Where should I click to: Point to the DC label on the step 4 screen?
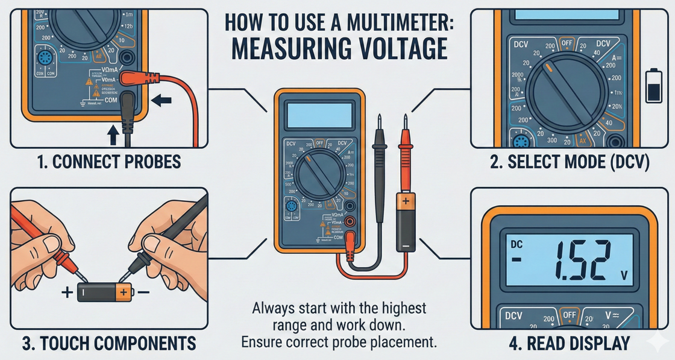[x=516, y=245]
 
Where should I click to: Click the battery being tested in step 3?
[x=103, y=292]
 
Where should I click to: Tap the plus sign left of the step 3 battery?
[x=66, y=293]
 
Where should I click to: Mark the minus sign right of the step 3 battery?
[x=143, y=292]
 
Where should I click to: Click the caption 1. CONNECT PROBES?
[x=99, y=163]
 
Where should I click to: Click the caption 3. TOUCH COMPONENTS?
[x=109, y=344]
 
